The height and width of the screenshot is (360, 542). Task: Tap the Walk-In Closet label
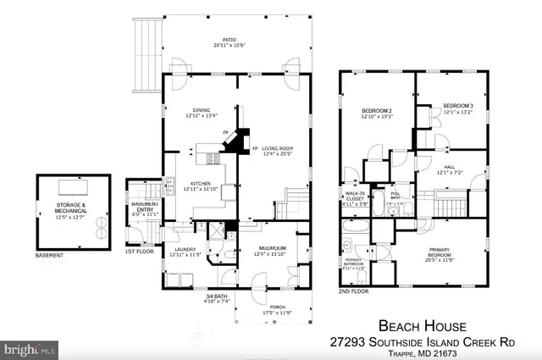pyautogui.click(x=356, y=199)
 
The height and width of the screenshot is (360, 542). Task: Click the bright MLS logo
pyautogui.click(x=30, y=348)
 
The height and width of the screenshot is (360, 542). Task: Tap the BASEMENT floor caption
pyautogui.click(x=52, y=255)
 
